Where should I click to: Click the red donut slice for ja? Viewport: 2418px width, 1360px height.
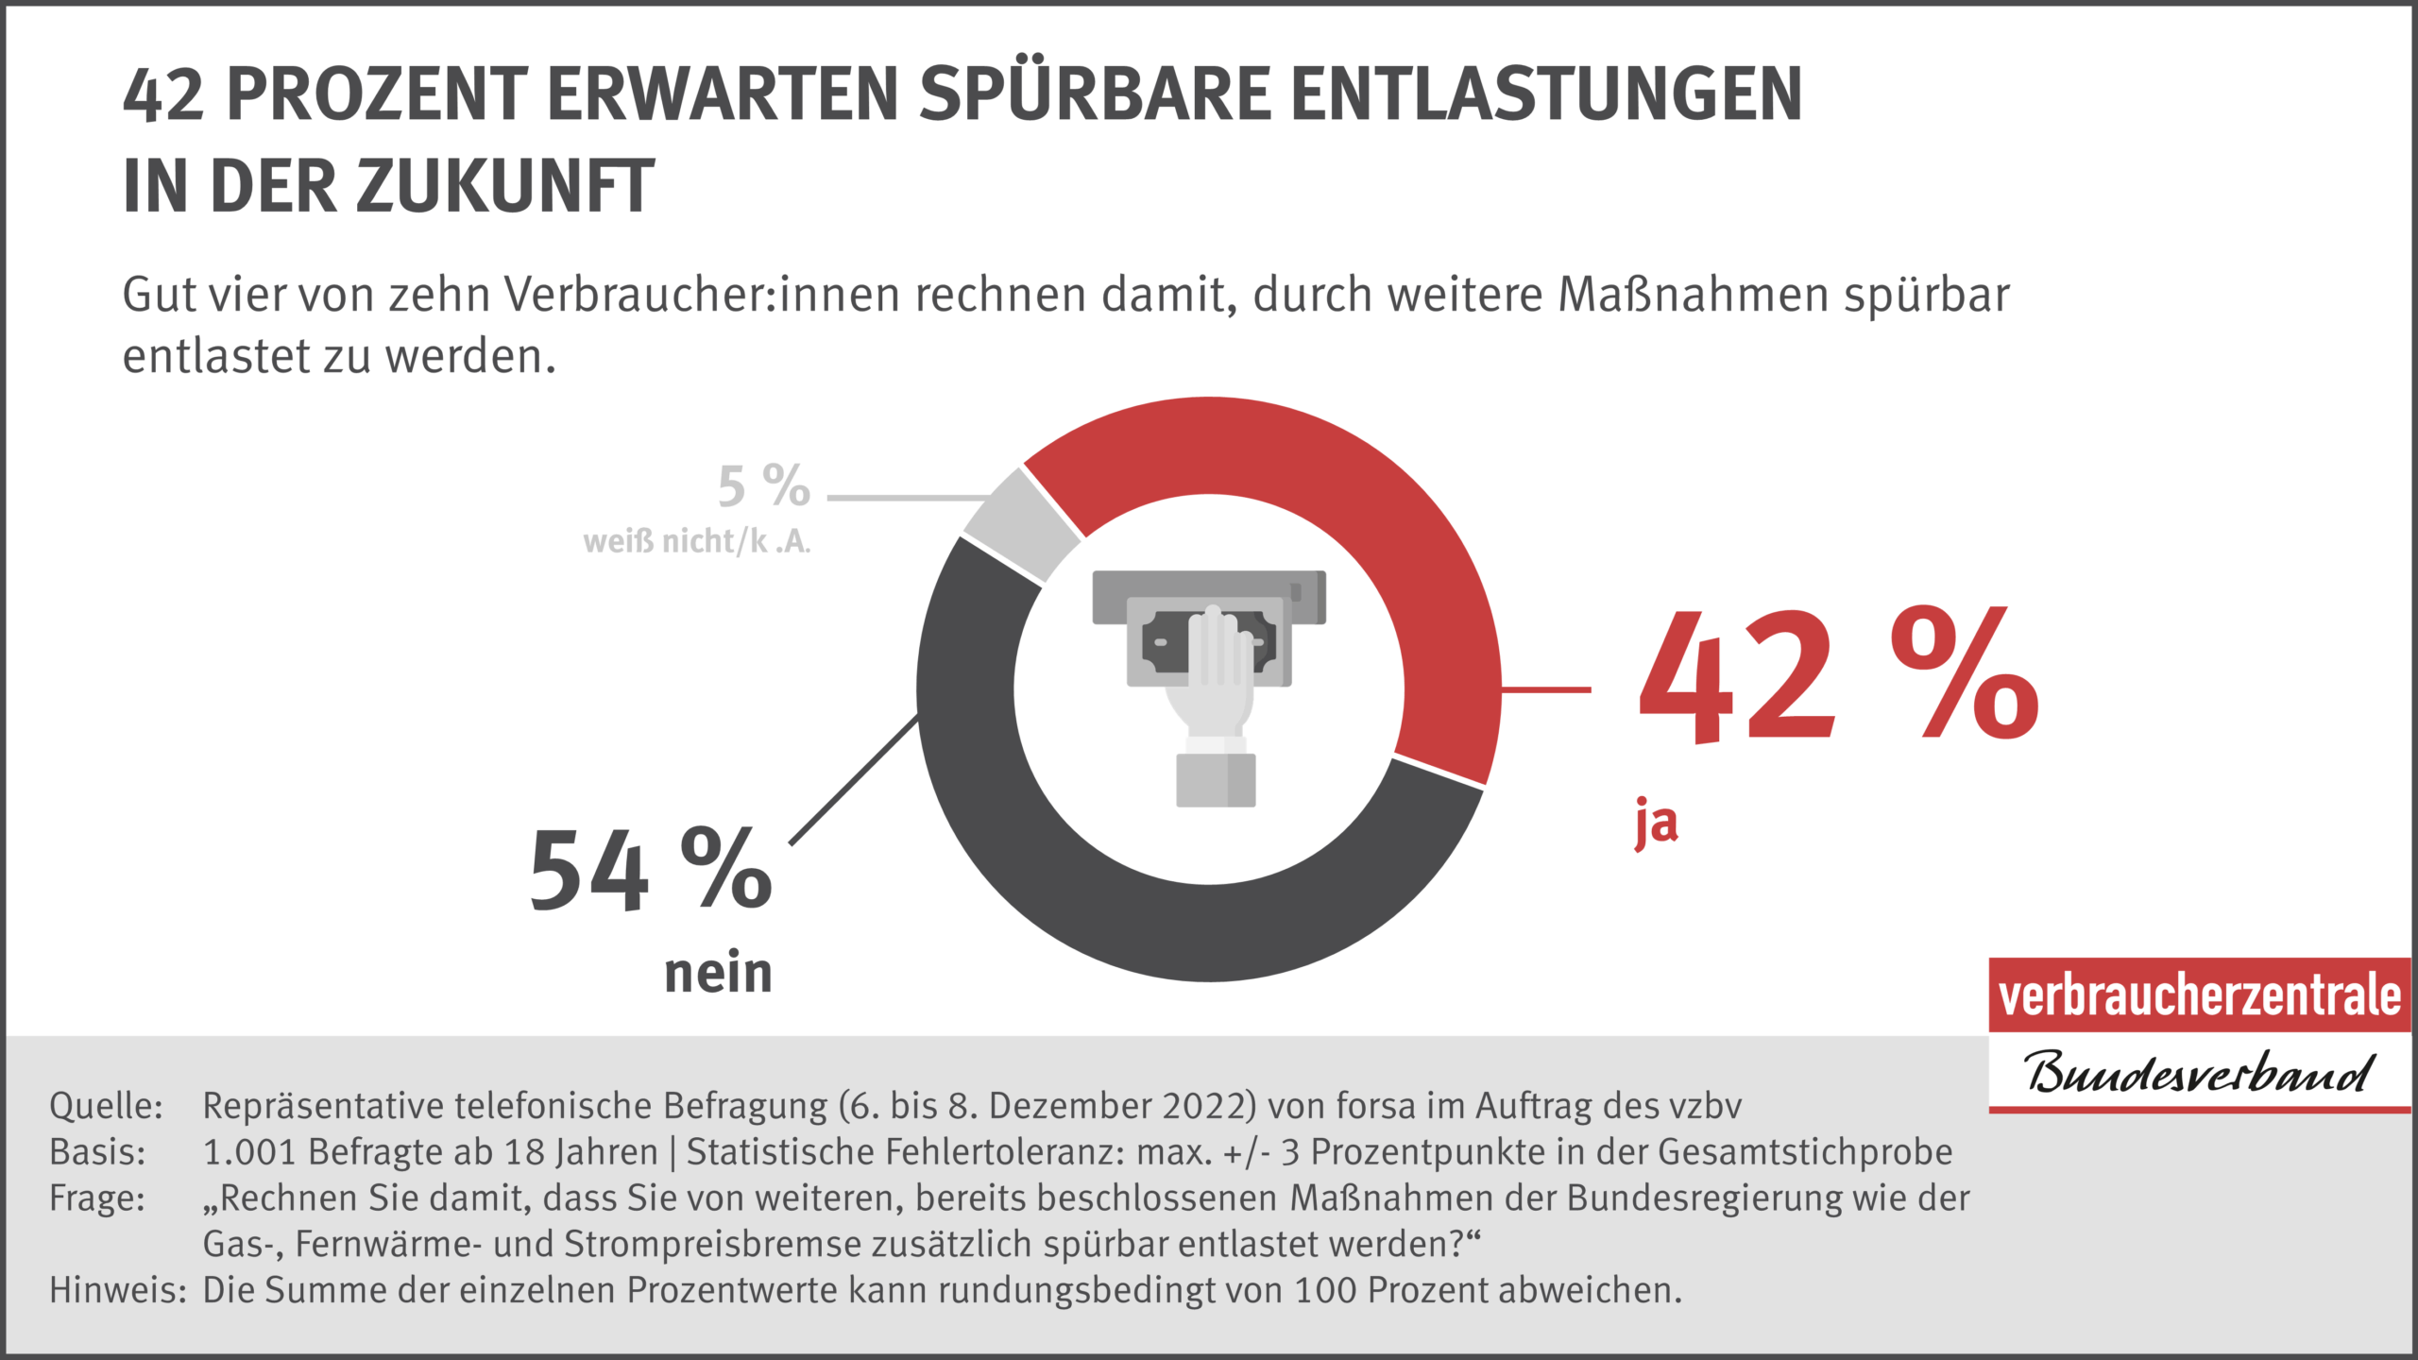(x=1398, y=529)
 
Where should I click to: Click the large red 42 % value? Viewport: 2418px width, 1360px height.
(x=1837, y=675)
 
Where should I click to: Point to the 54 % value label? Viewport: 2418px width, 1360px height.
(x=650, y=870)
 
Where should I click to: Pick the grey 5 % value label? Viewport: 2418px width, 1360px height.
(x=763, y=486)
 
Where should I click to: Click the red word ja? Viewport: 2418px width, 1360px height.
(x=1657, y=822)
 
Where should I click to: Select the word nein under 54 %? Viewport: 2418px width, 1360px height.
(x=718, y=973)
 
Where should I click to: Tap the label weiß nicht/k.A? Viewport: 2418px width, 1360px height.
(x=697, y=541)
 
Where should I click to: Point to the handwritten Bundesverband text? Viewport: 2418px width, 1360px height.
(x=2197, y=1073)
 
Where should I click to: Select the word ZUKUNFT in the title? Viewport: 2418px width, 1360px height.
(x=504, y=186)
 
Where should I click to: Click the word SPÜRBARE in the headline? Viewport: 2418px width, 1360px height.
(x=1096, y=94)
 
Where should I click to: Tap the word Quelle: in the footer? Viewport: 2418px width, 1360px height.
(x=106, y=1106)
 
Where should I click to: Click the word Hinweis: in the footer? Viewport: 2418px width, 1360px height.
(x=118, y=1290)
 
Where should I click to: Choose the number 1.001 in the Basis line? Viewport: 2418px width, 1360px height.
(x=249, y=1152)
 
